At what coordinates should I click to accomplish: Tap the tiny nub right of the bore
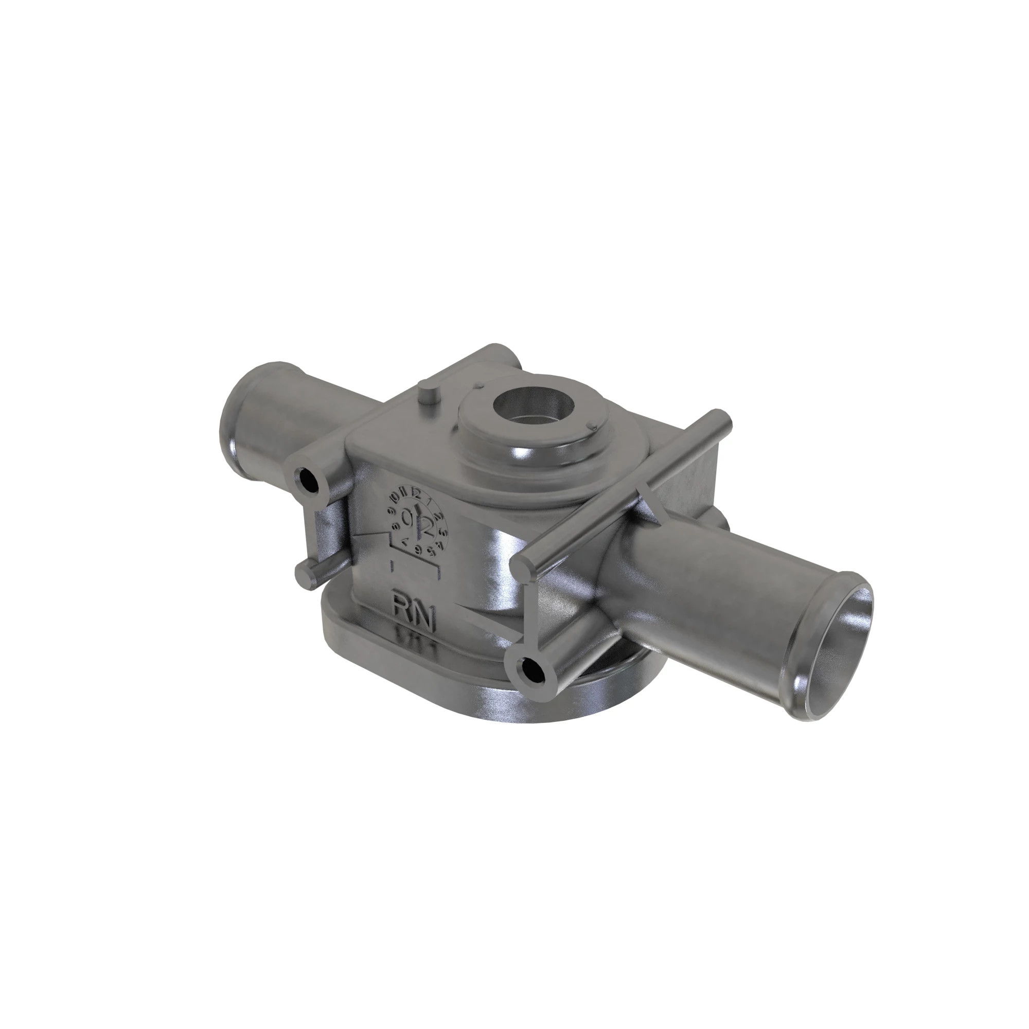[591, 424]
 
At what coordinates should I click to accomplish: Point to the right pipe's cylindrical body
[708, 591]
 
